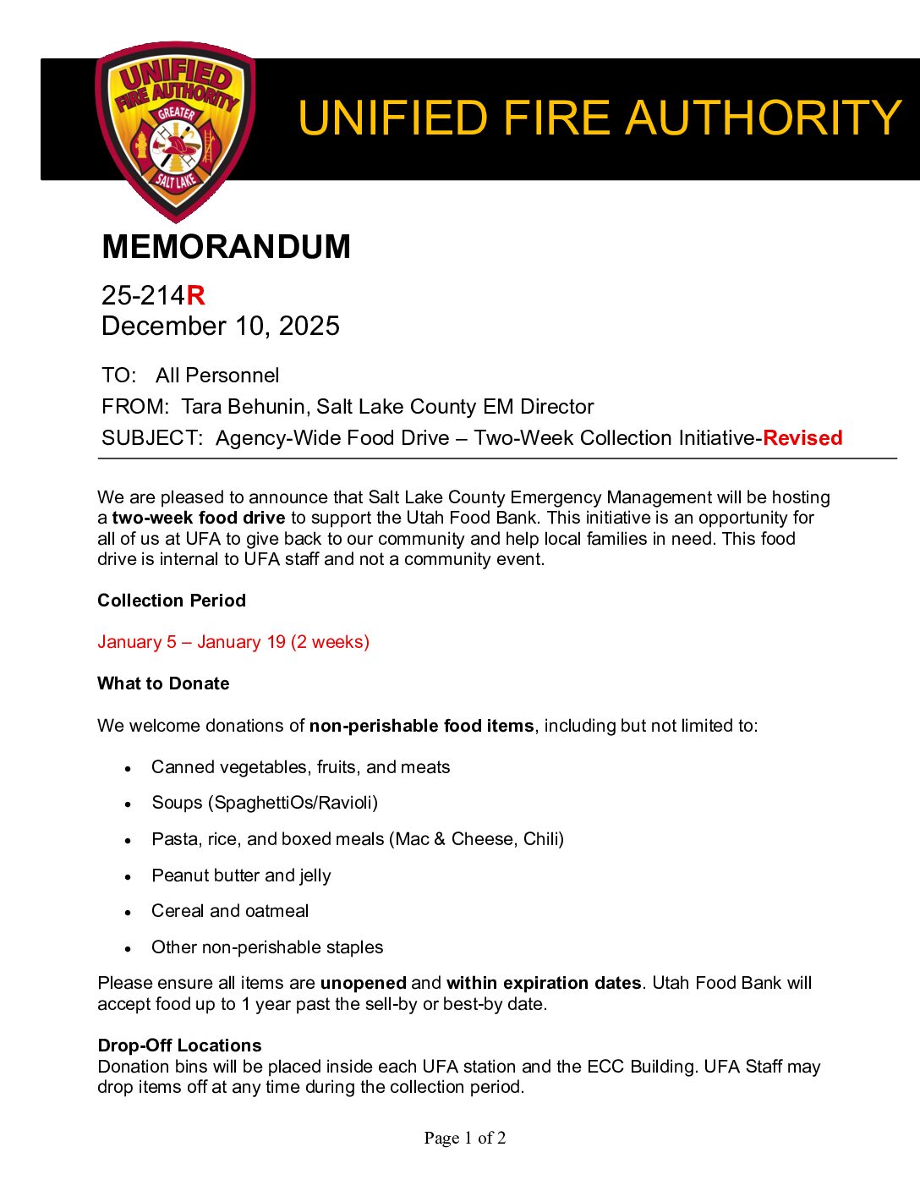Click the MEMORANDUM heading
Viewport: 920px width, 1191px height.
pos(226,247)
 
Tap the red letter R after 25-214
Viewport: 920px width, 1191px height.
pos(195,295)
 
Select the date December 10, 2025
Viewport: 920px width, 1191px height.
pos(220,326)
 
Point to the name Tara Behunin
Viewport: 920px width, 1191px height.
pos(244,407)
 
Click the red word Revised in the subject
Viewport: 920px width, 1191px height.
pos(802,438)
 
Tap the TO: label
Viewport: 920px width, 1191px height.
pos(118,376)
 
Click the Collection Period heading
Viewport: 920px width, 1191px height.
pos(172,601)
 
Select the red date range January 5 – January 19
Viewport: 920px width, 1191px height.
pos(191,642)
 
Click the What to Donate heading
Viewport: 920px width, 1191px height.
pos(163,683)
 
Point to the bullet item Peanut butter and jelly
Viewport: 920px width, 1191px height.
pos(241,875)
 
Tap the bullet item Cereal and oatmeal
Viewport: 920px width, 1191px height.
pos(230,911)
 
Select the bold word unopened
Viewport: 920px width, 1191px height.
pos(364,983)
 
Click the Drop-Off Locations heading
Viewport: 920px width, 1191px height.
pos(179,1046)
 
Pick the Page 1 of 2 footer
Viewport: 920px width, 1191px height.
pos(465,1138)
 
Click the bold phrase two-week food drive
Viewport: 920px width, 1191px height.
pos(199,518)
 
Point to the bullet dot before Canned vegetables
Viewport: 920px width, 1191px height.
pos(128,769)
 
